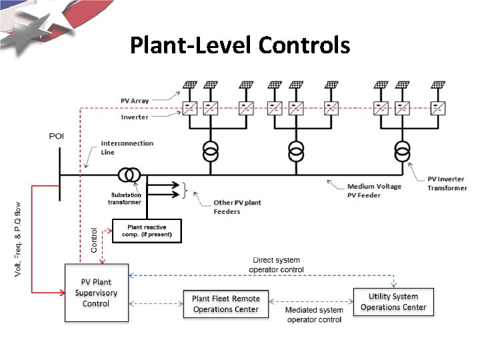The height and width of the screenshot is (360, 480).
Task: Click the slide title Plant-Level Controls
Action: [239, 45]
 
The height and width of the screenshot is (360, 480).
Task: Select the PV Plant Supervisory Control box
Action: [95, 293]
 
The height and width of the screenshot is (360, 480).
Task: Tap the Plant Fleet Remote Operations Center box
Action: [225, 304]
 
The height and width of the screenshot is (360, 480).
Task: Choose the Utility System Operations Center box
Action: [393, 302]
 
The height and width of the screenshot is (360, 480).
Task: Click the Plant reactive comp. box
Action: [146, 231]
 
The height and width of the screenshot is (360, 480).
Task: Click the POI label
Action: [57, 136]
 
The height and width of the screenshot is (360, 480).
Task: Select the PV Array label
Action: [135, 101]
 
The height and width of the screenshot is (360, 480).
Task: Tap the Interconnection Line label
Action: [127, 147]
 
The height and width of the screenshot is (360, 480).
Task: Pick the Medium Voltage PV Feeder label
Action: [374, 191]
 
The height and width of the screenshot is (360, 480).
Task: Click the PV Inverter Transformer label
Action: [447, 183]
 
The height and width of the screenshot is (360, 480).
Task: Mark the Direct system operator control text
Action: [276, 265]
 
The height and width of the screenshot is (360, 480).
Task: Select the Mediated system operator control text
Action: [313, 315]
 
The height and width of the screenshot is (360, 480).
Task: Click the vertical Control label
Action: [94, 239]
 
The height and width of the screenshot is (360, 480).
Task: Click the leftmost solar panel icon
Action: [191, 85]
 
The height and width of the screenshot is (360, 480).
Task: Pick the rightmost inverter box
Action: [438, 107]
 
